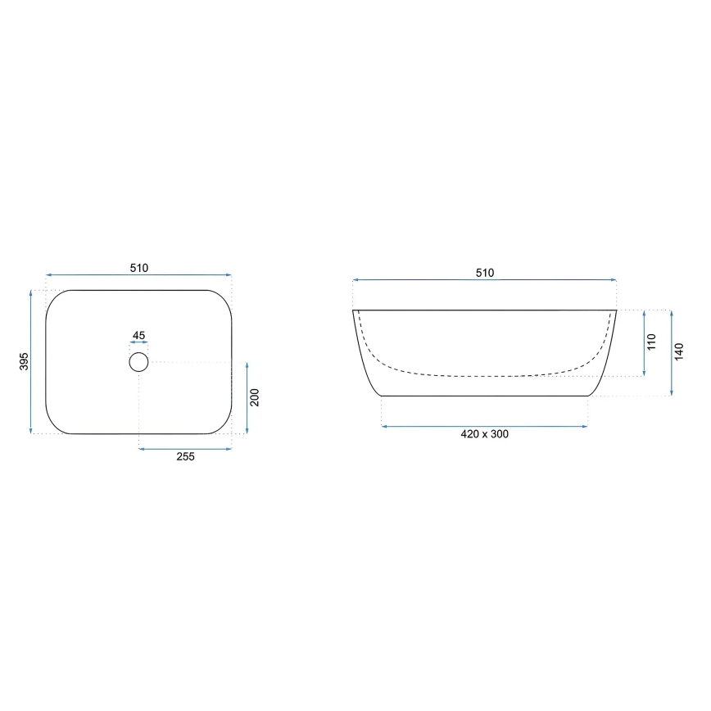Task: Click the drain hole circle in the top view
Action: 138,361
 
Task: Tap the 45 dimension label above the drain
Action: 138,336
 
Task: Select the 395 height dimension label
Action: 24,360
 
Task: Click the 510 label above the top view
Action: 138,268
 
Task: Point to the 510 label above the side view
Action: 485,273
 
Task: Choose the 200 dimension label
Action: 255,397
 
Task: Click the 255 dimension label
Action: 185,457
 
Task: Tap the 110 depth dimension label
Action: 652,342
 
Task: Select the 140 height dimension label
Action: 679,351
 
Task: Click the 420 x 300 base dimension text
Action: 484,434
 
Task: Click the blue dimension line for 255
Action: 185,448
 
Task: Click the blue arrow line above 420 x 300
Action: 484,426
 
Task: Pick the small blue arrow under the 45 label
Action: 138,344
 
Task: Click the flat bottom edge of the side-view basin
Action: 485,396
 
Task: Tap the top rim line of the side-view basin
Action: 485,310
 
